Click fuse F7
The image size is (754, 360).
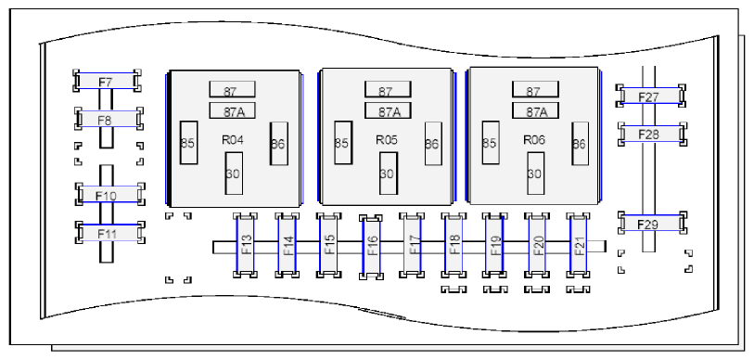107,81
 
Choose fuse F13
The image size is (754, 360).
245,245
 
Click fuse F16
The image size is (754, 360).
371,247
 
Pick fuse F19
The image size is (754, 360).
495,245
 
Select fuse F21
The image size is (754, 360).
579,245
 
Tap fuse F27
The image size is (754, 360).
651,96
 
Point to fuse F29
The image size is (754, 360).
652,223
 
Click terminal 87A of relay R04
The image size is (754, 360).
232,110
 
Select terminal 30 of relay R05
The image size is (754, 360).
388,174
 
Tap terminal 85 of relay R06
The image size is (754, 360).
490,143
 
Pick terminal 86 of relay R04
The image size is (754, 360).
279,144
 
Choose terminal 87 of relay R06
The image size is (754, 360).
535,89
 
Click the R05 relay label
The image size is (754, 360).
387,140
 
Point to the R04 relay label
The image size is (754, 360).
232,140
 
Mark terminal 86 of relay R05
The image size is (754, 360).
433,144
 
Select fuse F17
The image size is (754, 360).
412,245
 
